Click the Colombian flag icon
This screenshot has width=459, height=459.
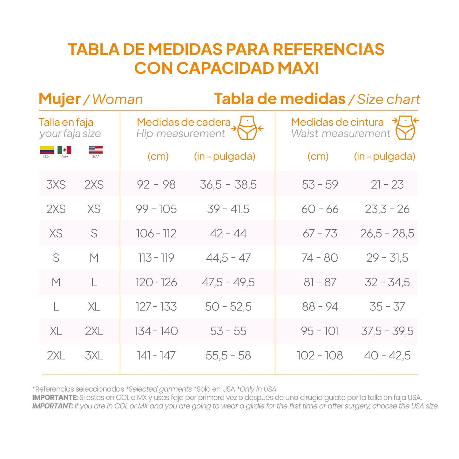pos(47,150)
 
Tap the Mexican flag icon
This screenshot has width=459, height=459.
pos(64,150)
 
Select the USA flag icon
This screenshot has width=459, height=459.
pos(96,150)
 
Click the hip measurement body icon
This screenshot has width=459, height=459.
pos(247,128)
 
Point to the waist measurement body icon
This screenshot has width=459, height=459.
pos(405,128)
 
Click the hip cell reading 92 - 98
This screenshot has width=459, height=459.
pos(156,185)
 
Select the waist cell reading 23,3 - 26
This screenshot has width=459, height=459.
pos(387,209)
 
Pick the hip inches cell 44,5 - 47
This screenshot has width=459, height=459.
pos(228,258)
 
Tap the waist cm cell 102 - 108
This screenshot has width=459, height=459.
pos(320,355)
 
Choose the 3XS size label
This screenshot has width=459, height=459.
pos(56,185)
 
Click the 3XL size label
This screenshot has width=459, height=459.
pos(94,355)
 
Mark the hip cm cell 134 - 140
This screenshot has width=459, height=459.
pos(156,331)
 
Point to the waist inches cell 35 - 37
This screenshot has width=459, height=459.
pos(387,307)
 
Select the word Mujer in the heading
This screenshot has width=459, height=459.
pos(59,99)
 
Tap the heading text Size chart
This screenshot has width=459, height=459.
pos(388,99)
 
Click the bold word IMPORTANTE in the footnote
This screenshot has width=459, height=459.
pos(55,397)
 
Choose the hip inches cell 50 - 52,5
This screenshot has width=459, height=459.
pos(228,307)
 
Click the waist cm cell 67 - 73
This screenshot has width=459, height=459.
pos(320,233)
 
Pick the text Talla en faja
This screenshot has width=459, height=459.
pos(66,122)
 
